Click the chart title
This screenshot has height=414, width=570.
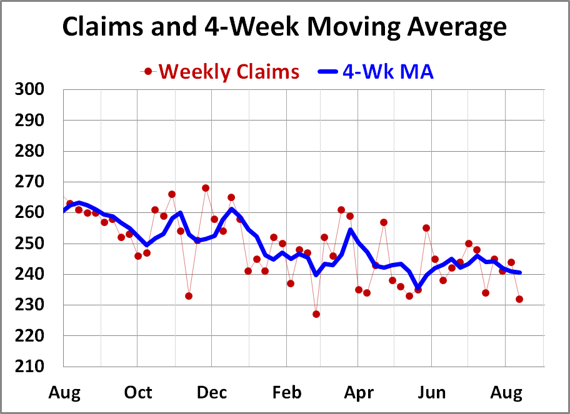[x=284, y=27]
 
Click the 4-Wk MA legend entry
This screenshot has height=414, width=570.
[x=387, y=71]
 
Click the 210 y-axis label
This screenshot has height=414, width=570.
[x=29, y=367]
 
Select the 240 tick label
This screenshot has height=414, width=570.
[x=29, y=274]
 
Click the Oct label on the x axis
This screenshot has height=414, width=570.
[x=137, y=392]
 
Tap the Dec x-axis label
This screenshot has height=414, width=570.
[x=211, y=392]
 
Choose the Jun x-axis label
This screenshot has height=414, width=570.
[x=432, y=392]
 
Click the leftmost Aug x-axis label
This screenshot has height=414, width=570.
[x=64, y=392]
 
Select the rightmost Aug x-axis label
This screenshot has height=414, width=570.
[x=506, y=392]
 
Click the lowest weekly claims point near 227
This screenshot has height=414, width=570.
[x=316, y=314]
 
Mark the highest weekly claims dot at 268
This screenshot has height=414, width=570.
[x=206, y=188]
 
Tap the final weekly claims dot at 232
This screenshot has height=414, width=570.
[x=519, y=299]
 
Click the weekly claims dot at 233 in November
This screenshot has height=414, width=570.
[x=189, y=296]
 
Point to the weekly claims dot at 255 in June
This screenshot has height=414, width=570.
[x=426, y=228]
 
